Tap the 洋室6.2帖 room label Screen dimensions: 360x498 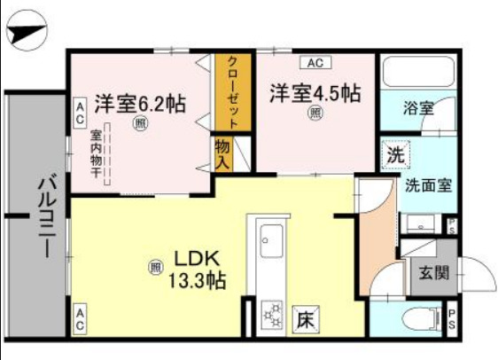[x=140, y=103]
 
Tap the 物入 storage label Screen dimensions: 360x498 [x=223, y=155]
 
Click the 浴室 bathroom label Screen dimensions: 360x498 [x=418, y=109]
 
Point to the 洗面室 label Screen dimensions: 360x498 [x=428, y=186]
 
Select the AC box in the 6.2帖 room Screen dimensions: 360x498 [x=79, y=111]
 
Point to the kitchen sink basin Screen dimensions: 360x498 [x=270, y=238]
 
